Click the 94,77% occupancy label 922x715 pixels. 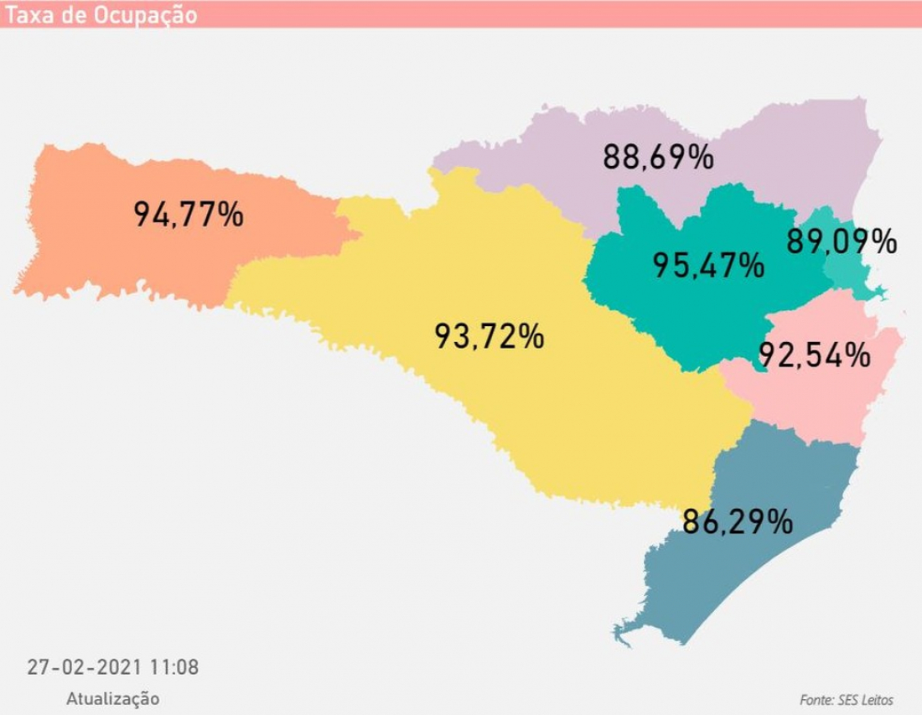click(189, 215)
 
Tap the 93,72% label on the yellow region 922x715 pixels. click(489, 336)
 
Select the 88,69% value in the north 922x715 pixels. click(658, 157)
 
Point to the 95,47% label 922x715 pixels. click(708, 266)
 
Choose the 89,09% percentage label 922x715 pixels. click(841, 242)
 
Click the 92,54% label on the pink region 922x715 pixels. click(814, 355)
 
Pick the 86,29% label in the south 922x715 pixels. click(738, 521)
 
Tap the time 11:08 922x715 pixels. click(174, 667)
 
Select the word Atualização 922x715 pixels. click(112, 698)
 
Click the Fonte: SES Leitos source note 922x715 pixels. click(847, 700)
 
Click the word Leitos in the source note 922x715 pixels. click(875, 700)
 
